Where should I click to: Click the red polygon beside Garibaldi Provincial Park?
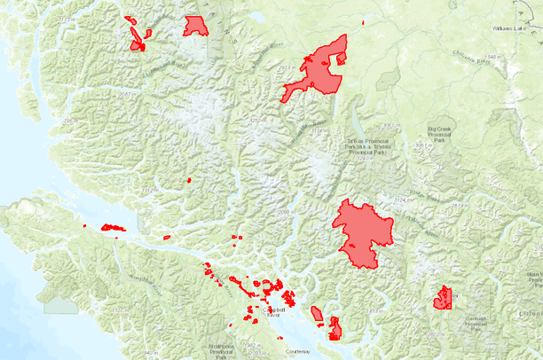443,298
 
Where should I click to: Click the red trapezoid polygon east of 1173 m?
195,27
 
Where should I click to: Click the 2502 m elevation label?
432,333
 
